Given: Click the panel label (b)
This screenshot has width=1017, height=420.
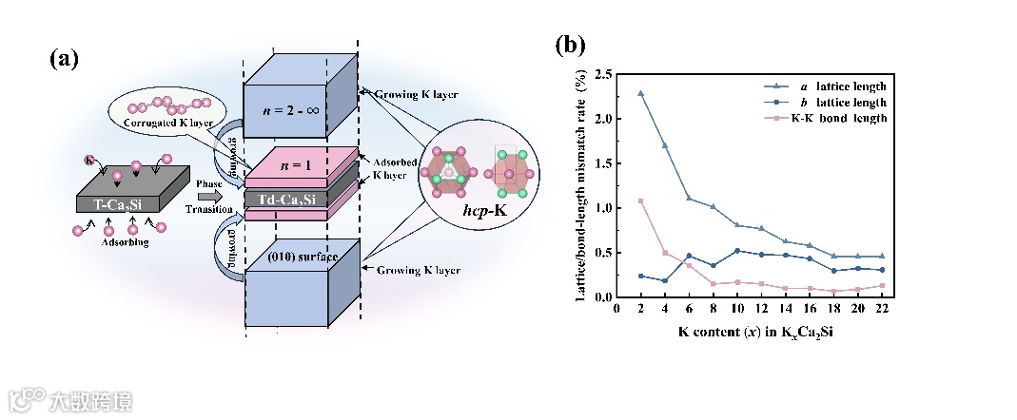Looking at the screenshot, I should point(568,45).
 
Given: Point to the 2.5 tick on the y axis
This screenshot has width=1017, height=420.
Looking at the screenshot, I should point(602,73).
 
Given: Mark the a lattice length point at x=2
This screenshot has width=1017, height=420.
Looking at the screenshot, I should point(640,93).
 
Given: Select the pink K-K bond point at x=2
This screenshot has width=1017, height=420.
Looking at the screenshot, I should point(640,200).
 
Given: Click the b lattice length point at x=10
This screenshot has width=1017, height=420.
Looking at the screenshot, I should point(738,251).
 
